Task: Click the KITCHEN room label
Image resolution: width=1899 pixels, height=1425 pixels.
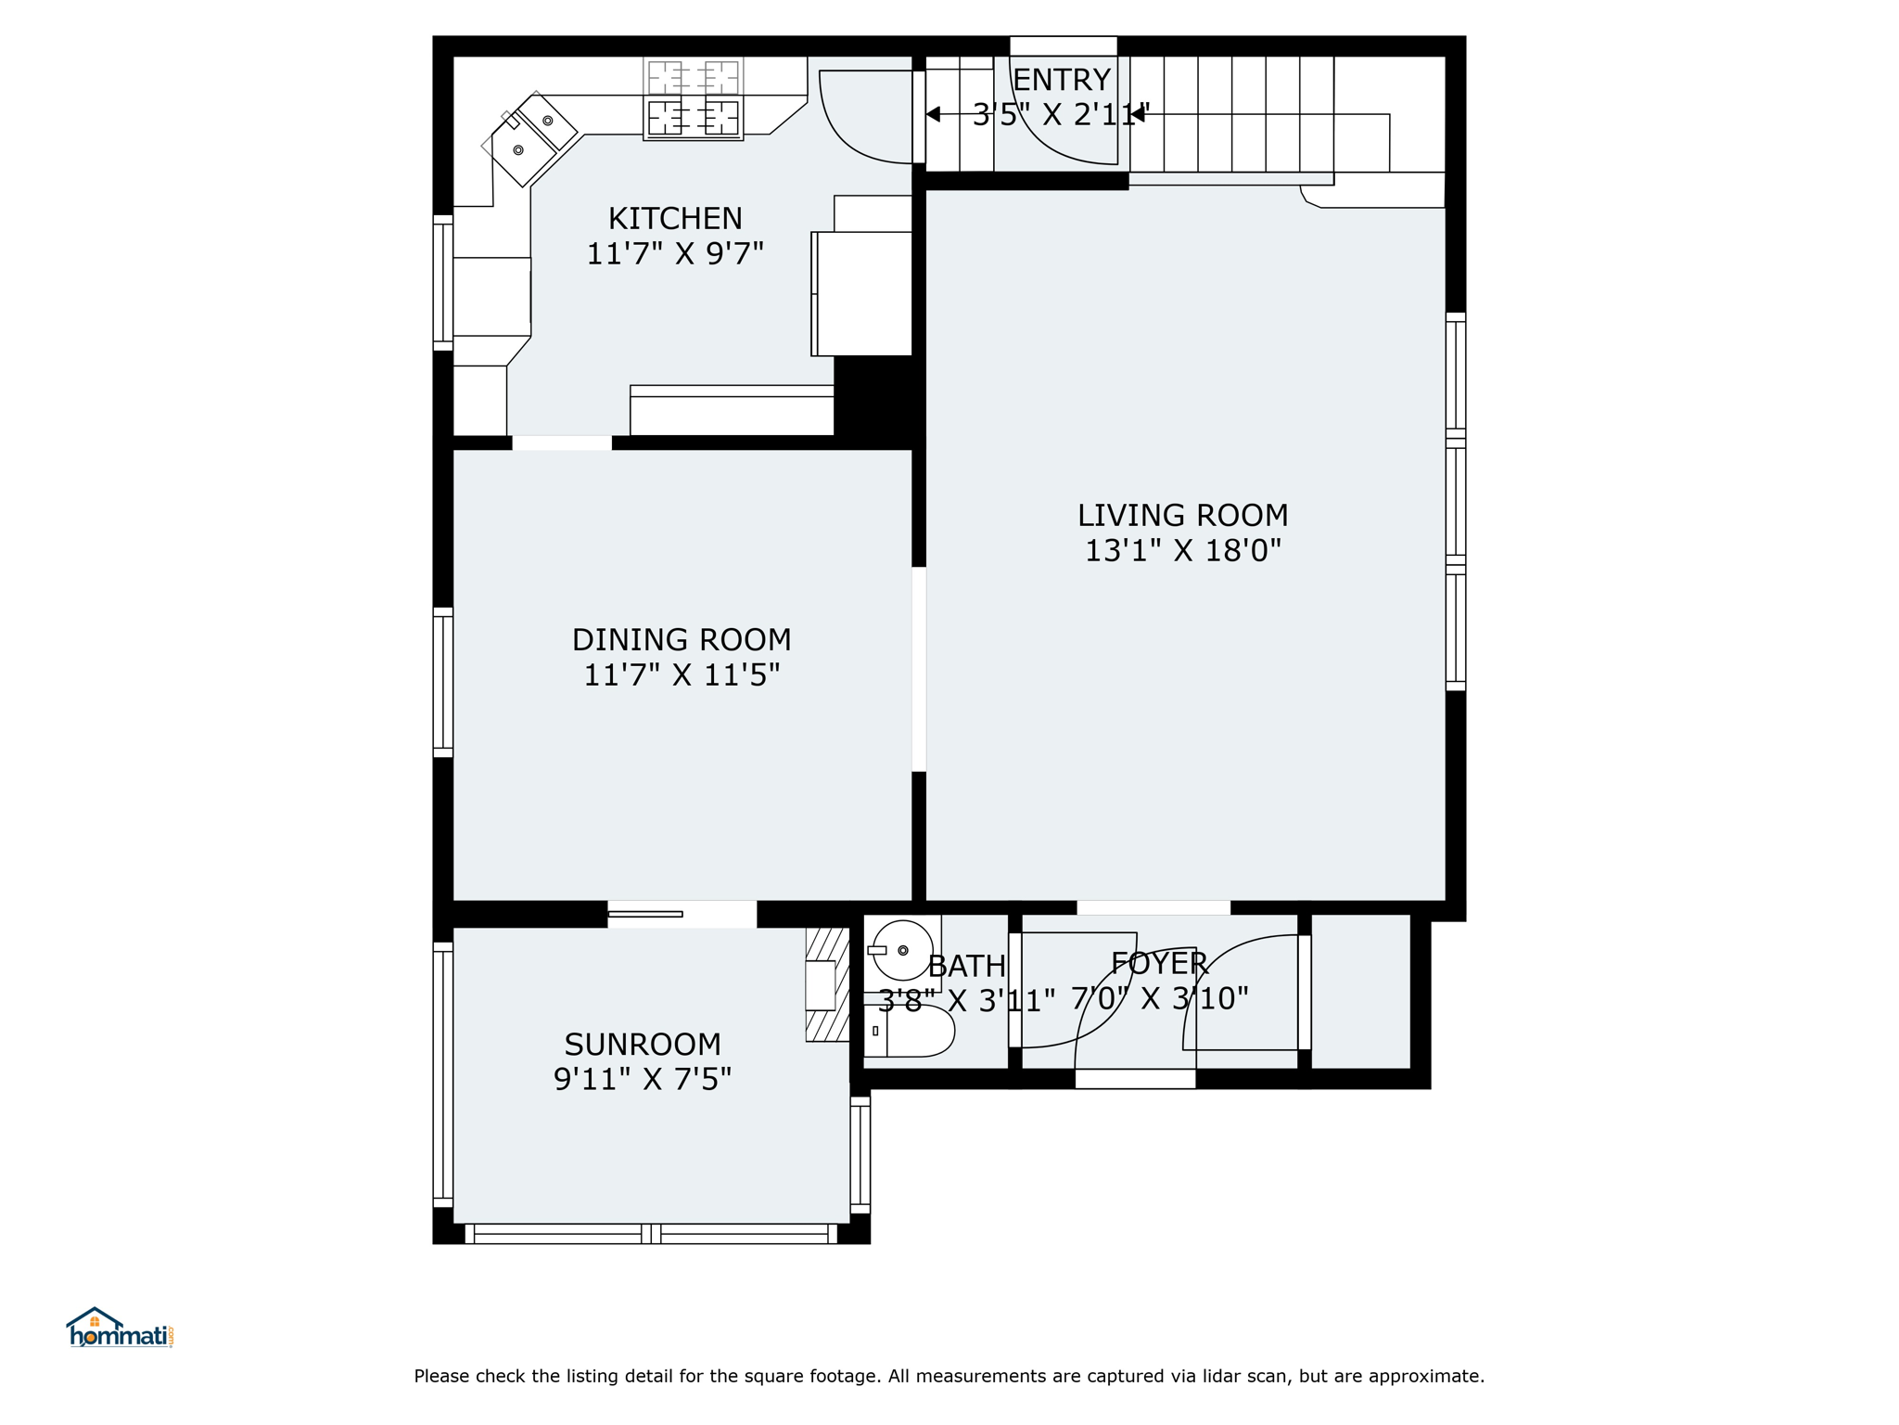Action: pyautogui.click(x=675, y=219)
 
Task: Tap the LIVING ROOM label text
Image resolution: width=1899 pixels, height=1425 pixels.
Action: pyautogui.click(x=1182, y=516)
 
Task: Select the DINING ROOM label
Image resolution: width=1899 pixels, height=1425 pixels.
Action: pyautogui.click(x=682, y=640)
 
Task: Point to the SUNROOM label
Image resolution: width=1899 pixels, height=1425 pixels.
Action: pyautogui.click(x=643, y=1045)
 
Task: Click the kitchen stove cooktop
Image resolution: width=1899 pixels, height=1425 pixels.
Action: pyautogui.click(x=694, y=99)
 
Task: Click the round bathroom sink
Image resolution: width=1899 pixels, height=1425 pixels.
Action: pyautogui.click(x=902, y=951)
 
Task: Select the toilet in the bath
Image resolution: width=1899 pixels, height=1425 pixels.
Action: pyautogui.click(x=909, y=1031)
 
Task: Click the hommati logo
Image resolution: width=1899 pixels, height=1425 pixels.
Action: pyautogui.click(x=120, y=1328)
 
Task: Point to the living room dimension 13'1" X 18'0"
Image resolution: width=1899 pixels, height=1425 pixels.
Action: pyautogui.click(x=1182, y=551)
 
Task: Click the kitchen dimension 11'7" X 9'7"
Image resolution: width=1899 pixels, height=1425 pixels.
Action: pyautogui.click(x=675, y=253)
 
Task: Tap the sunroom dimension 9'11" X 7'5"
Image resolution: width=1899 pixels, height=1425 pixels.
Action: pyautogui.click(x=643, y=1079)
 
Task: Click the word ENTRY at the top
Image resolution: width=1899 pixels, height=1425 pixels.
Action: pyautogui.click(x=1062, y=81)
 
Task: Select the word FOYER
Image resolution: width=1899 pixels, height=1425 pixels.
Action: pyautogui.click(x=1159, y=964)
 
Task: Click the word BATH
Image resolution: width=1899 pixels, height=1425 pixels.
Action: pyautogui.click(x=967, y=967)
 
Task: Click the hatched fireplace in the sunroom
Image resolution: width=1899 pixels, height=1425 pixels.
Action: pyautogui.click(x=827, y=984)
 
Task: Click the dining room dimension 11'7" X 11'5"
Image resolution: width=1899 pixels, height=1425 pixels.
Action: pyautogui.click(x=682, y=675)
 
